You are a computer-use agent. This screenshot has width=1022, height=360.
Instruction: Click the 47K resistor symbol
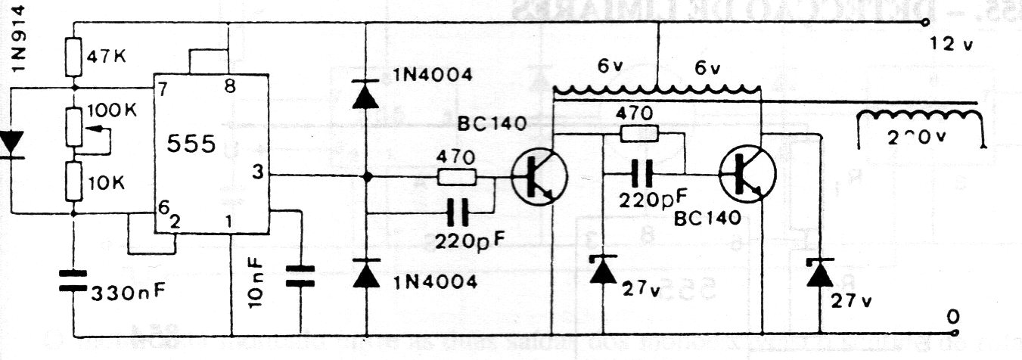[x=74, y=57]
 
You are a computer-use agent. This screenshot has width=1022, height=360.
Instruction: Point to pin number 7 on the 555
[x=161, y=89]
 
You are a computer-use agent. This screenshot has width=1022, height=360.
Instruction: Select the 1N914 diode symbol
[x=11, y=143]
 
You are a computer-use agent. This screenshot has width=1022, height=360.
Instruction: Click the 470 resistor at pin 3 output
[x=456, y=177]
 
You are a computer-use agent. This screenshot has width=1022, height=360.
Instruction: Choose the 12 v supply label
[x=952, y=45]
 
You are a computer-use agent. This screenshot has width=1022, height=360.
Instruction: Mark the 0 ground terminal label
[x=952, y=317]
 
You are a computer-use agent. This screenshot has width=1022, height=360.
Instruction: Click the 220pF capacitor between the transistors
[x=643, y=175]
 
